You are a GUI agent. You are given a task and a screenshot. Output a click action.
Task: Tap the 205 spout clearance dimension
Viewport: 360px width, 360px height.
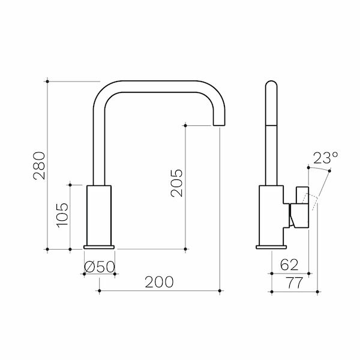coord(176,183)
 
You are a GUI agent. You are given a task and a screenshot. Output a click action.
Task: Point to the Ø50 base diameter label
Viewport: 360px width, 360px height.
coord(99,266)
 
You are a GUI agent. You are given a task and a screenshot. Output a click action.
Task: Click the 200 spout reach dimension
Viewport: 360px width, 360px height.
coord(160,281)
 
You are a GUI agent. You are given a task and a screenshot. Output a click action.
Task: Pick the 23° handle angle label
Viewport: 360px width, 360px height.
coord(325,159)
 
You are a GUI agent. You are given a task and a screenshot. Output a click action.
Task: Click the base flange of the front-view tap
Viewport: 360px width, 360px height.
coord(100,247)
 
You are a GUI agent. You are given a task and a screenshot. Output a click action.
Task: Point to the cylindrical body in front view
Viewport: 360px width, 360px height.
coord(100,215)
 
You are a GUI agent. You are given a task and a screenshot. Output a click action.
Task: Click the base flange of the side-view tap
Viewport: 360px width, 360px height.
coord(271,247)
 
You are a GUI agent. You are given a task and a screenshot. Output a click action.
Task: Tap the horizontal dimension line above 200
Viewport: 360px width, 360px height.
coord(160,292)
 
